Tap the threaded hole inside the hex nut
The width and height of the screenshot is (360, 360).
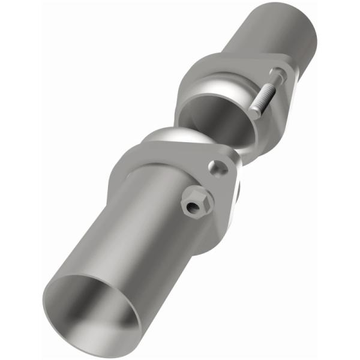194,208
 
